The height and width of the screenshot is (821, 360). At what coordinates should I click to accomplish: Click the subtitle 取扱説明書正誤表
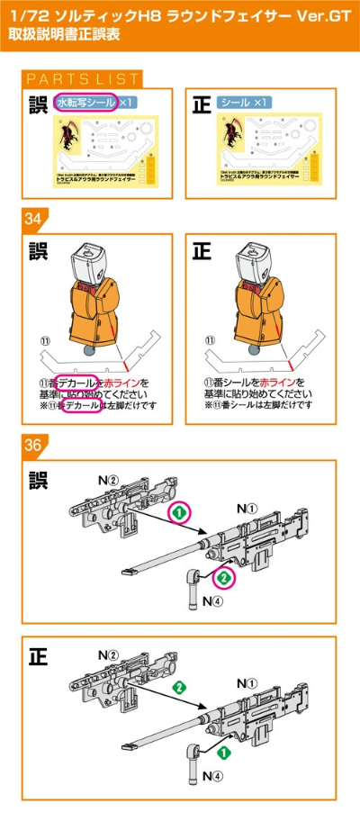[62, 39]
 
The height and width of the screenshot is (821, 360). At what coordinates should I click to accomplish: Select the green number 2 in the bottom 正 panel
[179, 687]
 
